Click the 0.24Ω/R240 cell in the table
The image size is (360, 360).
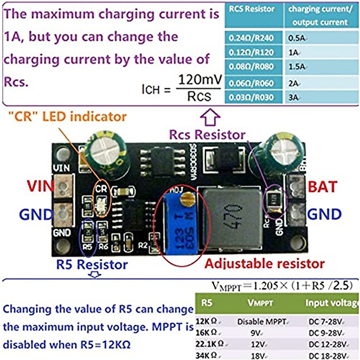pos(251,38)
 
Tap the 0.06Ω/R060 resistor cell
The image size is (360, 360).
pos(251,83)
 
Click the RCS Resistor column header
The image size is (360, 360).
pos(252,9)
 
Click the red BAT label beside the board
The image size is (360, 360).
pos(322,187)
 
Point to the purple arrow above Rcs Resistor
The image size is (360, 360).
pos(210,118)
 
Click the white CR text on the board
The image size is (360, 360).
pos(101,189)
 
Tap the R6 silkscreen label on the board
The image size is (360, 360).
pos(103,247)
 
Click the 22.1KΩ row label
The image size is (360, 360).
pos(209,344)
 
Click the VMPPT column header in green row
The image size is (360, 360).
pos(260,303)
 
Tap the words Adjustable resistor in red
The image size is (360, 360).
pos(264,264)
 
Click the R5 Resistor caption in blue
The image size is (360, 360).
pos(92,265)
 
